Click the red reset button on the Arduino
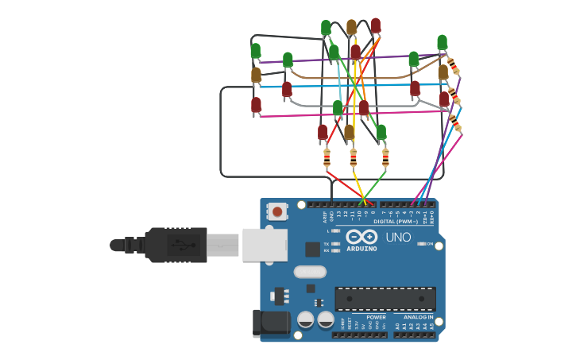(x=276, y=212)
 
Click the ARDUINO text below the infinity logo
(x=361, y=249)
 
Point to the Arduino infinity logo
(x=361, y=237)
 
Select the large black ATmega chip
(x=385, y=299)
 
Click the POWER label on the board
(x=376, y=317)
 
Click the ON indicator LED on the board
(x=421, y=244)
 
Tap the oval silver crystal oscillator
(x=310, y=272)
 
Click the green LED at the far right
(x=442, y=43)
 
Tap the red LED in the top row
(x=376, y=25)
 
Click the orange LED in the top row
(x=351, y=27)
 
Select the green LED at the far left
(x=255, y=52)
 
